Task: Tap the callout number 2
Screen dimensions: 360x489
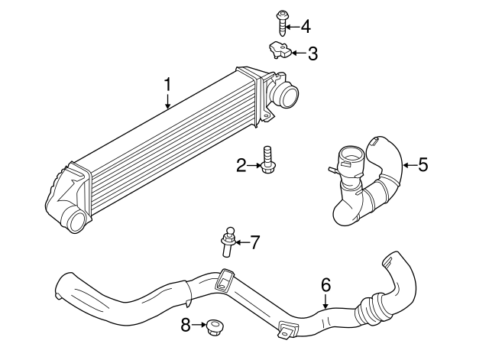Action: [241, 164]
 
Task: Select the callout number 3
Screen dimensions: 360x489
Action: [312, 54]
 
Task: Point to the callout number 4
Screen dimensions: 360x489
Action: [306, 27]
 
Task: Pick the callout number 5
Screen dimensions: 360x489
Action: [423, 164]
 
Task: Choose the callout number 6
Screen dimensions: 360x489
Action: [325, 284]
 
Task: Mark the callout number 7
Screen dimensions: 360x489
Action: [255, 242]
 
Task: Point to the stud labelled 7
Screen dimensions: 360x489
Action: [227, 242]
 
